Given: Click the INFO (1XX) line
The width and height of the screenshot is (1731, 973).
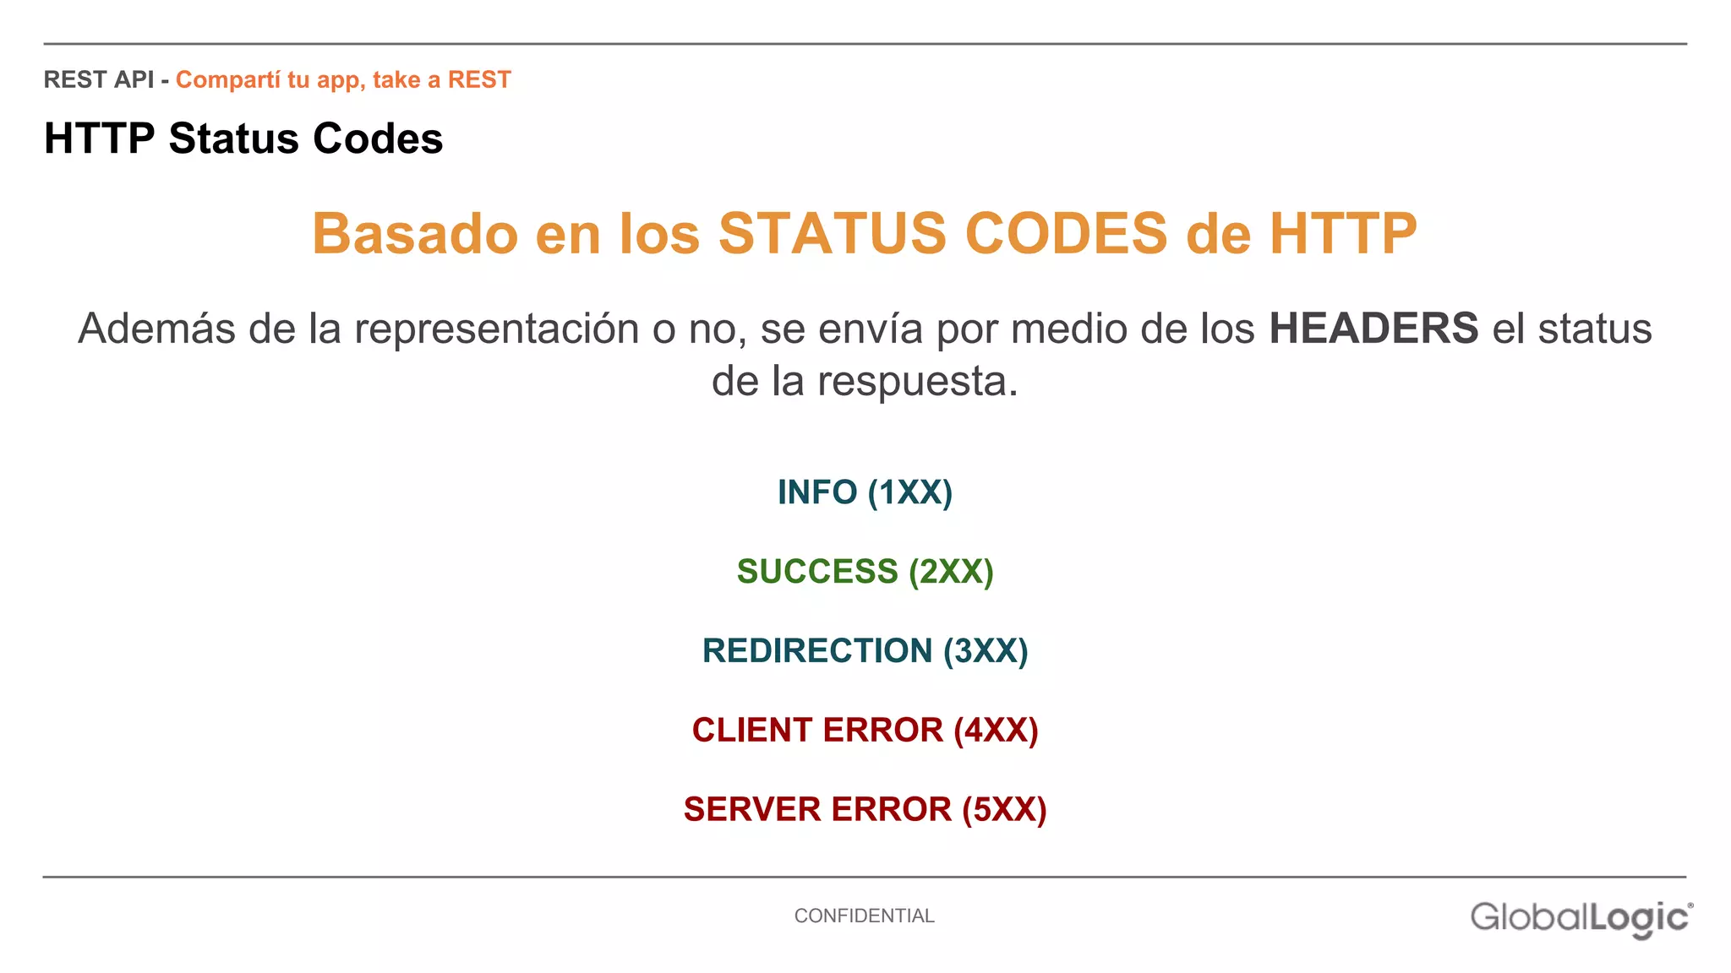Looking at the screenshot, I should click(865, 492).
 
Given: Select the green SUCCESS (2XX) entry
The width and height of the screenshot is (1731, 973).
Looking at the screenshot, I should click(865, 572).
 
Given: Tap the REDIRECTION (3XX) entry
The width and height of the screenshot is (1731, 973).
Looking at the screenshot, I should click(865, 651).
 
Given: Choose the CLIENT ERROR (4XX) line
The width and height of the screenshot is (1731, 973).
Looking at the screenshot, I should click(865, 731).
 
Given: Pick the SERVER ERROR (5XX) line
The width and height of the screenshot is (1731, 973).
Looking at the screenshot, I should click(865, 810).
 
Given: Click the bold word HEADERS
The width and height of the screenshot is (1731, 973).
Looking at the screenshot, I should click(1373, 329).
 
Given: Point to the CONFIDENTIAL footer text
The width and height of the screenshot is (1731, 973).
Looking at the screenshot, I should click(864, 916).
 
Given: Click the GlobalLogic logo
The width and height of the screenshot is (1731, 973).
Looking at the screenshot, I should click(1581, 918).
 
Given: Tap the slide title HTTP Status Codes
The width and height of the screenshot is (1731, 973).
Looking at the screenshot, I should click(243, 139).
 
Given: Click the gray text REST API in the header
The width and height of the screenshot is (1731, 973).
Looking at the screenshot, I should click(98, 79).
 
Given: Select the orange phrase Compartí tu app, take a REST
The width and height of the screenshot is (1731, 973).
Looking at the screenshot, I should click(343, 79).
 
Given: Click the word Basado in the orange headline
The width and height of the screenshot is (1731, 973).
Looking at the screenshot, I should click(414, 234).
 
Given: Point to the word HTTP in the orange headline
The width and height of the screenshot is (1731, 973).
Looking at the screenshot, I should click(1343, 234).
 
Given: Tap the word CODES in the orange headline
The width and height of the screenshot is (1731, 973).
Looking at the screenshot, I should click(1066, 234).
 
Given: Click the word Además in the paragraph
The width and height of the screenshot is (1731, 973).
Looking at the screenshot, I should click(156, 329).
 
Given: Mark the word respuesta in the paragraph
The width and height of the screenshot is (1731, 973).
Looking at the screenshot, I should click(917, 381).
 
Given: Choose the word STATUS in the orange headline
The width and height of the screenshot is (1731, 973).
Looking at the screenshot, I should click(832, 234).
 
